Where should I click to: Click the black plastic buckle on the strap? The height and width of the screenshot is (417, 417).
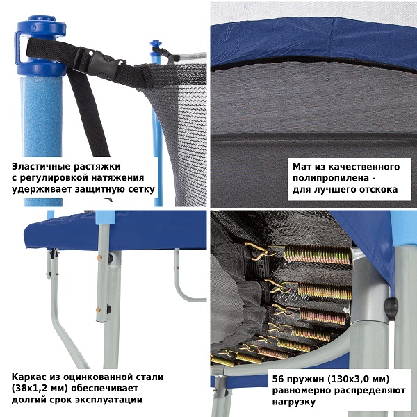[x=101, y=63]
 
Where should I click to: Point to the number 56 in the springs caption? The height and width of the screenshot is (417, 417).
[x=277, y=379]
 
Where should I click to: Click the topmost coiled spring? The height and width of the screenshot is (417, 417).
[x=318, y=254]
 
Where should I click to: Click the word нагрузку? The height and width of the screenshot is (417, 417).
[x=293, y=402]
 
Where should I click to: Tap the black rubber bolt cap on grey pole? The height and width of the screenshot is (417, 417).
[x=391, y=309]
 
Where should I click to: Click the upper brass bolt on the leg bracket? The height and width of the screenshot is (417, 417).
[x=99, y=258]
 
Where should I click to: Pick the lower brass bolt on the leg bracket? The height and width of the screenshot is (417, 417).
[x=98, y=309]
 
